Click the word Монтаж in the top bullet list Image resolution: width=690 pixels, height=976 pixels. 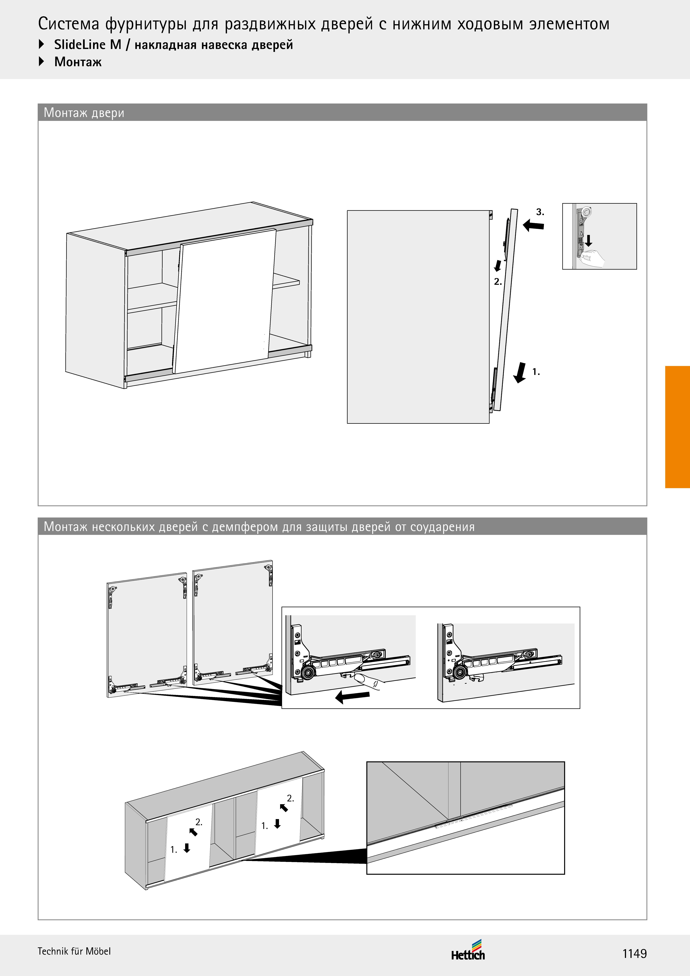(78, 62)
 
